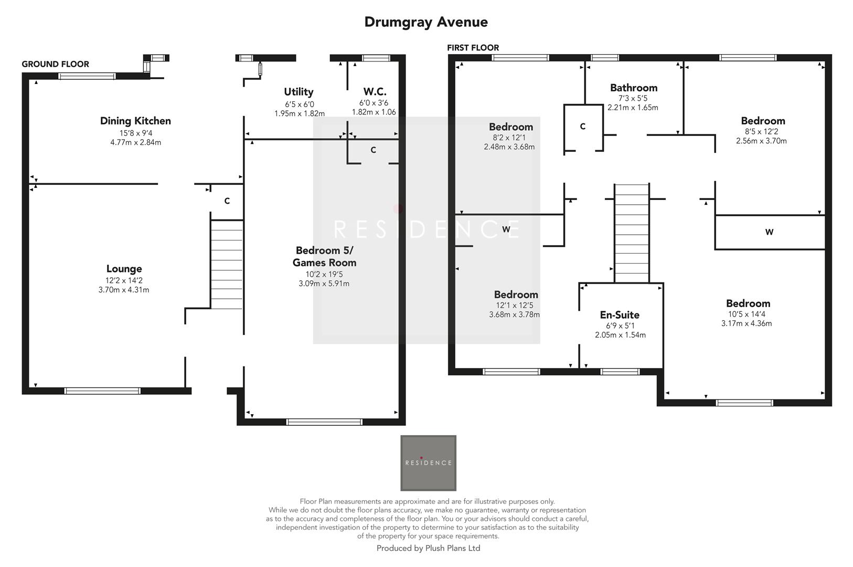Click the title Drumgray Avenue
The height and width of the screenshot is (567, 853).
pos(426,22)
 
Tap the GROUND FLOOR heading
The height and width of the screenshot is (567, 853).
pos(55,64)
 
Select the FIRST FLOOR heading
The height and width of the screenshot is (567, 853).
pos(473,48)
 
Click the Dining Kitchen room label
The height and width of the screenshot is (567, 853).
pos(135,121)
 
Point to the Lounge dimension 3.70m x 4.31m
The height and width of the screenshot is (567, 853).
pos(124,290)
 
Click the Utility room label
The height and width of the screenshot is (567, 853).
pos(298,92)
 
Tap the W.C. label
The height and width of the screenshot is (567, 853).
pos(375,92)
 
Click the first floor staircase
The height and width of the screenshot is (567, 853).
pos(632,234)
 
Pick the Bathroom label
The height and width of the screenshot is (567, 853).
pos(633,88)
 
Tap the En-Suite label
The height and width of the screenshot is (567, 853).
pos(620,315)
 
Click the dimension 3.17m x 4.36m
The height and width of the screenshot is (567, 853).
pos(746,323)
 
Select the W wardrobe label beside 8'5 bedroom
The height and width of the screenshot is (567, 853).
pos(769,232)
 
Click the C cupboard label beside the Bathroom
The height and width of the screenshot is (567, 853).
pos(582,127)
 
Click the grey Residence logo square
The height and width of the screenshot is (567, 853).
pos(428,463)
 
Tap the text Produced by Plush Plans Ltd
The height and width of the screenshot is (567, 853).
pos(428,548)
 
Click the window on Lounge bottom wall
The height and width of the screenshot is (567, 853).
pos(102,391)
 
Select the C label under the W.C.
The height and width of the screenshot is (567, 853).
pos(373,150)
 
